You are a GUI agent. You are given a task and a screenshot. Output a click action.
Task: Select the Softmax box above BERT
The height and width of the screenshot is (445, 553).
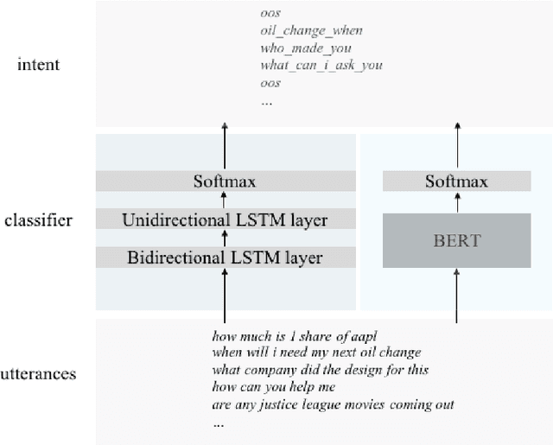click(457, 181)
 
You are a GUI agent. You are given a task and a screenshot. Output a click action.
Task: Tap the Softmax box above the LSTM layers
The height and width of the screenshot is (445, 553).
click(225, 181)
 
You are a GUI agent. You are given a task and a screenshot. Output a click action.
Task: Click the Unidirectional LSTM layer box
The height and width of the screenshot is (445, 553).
click(225, 220)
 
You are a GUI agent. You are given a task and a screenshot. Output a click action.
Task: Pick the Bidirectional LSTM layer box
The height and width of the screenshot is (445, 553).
click(225, 257)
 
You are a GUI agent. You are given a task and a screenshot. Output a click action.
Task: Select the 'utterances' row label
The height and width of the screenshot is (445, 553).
click(38, 374)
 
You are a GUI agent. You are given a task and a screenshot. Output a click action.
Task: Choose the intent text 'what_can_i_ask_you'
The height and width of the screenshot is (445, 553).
click(321, 65)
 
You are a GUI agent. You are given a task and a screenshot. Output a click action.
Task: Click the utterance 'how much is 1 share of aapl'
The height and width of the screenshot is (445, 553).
click(296, 335)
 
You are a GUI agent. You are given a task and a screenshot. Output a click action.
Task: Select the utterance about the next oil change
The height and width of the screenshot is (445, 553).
click(316, 353)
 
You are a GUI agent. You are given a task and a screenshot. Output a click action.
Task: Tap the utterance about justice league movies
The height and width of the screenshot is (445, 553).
click(334, 405)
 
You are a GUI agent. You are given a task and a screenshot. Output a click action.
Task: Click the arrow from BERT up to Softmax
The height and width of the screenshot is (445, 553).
click(457, 199)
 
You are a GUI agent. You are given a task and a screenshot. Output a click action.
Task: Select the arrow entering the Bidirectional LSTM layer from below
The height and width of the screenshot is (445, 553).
click(225, 294)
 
